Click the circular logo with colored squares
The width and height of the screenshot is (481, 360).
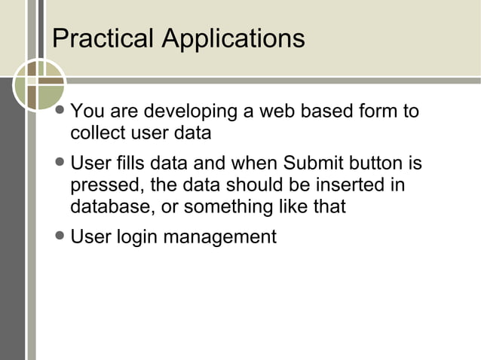[39, 85]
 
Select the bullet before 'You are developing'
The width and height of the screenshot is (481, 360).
[61, 113]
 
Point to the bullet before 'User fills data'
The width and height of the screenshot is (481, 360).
[61, 164]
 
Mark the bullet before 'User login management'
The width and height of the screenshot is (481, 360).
[61, 236]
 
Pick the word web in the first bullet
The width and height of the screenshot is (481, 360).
[277, 112]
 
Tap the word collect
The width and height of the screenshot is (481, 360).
[95, 134]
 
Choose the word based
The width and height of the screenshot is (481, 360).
[329, 112]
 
